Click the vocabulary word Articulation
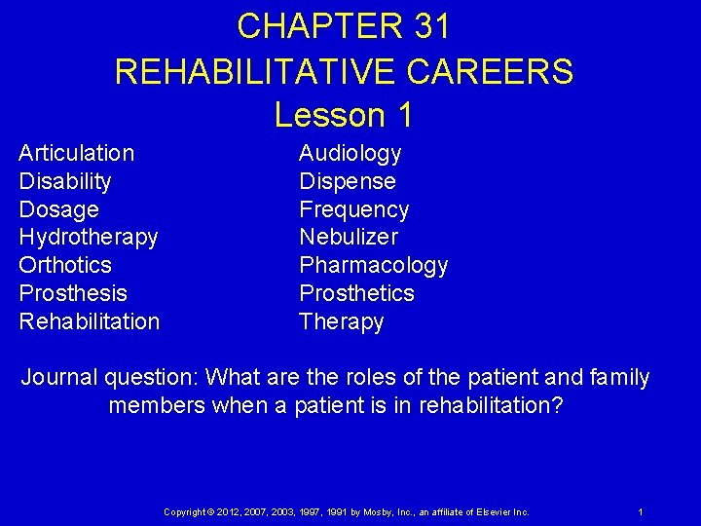(x=77, y=153)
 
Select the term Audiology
(x=350, y=153)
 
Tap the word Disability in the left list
(x=65, y=181)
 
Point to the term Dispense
(x=348, y=181)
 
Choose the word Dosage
(x=58, y=209)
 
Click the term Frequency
(x=354, y=209)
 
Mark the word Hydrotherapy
(x=89, y=237)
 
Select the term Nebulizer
(x=349, y=237)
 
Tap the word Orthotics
(x=65, y=265)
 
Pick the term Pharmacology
(x=374, y=265)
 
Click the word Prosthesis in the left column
(x=73, y=293)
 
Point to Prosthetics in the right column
(x=356, y=293)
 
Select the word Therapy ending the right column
(x=341, y=321)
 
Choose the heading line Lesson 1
(x=344, y=114)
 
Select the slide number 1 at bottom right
(x=640, y=511)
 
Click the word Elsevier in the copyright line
(x=484, y=511)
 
